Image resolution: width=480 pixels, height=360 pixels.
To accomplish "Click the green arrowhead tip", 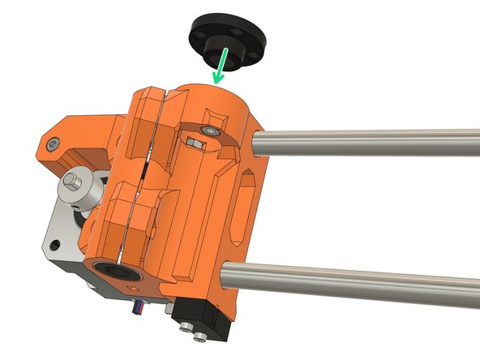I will (x=214, y=83).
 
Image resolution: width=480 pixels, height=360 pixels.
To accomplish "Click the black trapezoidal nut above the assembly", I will (x=221, y=36).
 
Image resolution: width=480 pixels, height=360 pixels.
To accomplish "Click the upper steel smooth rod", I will (x=365, y=145).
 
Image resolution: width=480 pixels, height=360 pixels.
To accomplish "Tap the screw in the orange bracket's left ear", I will (x=52, y=144).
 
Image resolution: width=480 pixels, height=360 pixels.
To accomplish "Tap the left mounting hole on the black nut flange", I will (x=197, y=33).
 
